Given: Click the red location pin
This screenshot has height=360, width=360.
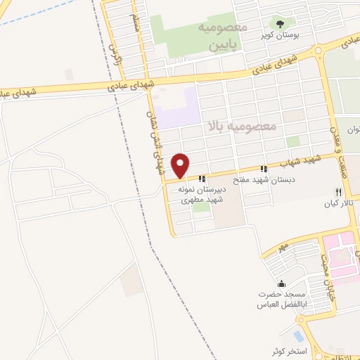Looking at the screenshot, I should pyautogui.click(x=181, y=165).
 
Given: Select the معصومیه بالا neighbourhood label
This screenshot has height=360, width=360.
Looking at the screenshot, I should pyautogui.click(x=240, y=127).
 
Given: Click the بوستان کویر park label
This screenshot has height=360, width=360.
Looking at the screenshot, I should pyautogui.click(x=281, y=34).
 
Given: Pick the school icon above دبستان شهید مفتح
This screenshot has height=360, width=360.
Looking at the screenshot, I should pyautogui.click(x=264, y=169).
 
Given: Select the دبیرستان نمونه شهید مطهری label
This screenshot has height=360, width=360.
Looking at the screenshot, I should pyautogui.click(x=201, y=195).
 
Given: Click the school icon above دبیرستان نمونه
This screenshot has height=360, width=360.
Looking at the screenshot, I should pyautogui.click(x=202, y=179).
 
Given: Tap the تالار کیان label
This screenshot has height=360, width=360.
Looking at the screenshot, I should pyautogui.click(x=337, y=204).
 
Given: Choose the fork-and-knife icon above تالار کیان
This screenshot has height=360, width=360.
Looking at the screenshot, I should pyautogui.click(x=338, y=192).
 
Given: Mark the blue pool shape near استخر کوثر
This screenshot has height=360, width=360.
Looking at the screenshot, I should pyautogui.click(x=298, y=336).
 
